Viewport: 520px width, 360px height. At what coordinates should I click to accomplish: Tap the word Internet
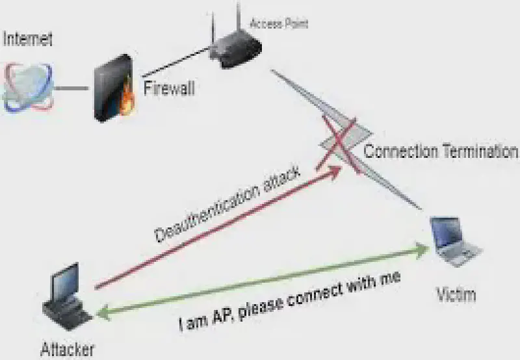tap(27, 39)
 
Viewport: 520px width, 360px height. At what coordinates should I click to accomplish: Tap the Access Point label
tap(279, 25)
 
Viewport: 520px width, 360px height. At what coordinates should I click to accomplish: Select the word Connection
tap(400, 152)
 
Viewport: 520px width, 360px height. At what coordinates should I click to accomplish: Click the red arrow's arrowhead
tap(335, 170)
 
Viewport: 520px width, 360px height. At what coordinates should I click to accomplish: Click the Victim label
tap(455, 294)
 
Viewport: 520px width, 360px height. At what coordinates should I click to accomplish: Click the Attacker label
tap(68, 350)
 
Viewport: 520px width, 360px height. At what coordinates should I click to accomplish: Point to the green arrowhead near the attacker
tap(102, 315)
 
